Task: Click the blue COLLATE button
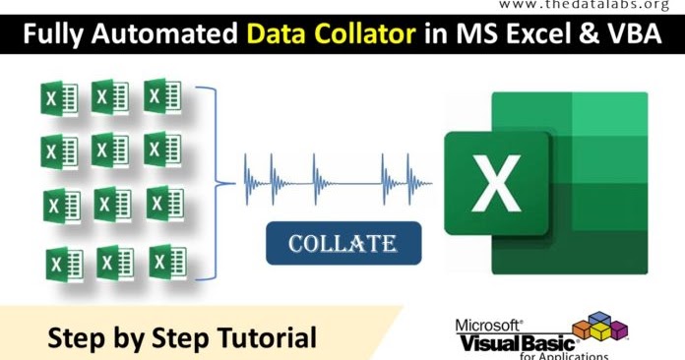pyautogui.click(x=342, y=242)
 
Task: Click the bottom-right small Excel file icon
pyautogui.click(x=167, y=262)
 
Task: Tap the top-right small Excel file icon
pyautogui.click(x=163, y=96)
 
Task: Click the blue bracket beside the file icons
pyautogui.click(x=209, y=182)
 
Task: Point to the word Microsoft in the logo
pyautogui.click(x=489, y=323)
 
